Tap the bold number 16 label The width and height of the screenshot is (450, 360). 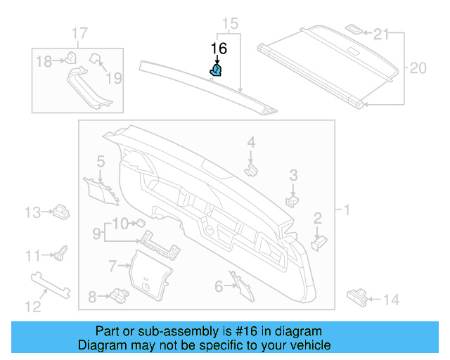tap(219, 49)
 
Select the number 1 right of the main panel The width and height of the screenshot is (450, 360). tap(345, 210)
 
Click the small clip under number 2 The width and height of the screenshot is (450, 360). tap(318, 241)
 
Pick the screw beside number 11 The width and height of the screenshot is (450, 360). tap(60, 251)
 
